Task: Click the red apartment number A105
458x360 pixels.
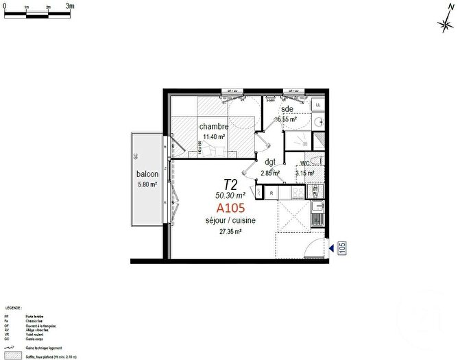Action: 231,208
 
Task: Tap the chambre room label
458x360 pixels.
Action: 214,127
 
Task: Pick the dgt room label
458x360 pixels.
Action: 270,163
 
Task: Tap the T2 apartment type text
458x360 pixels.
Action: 231,184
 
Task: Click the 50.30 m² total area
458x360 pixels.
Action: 231,195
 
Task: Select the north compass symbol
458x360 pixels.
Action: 446,23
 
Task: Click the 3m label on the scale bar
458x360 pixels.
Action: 69,5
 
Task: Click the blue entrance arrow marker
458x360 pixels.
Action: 331,248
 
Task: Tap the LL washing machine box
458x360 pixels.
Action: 317,104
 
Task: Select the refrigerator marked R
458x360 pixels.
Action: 272,193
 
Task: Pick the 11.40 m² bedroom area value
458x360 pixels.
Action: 214,137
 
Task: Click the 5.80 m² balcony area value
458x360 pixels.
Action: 147,184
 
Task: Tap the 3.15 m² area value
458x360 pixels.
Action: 305,173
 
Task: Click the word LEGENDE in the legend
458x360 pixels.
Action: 12,309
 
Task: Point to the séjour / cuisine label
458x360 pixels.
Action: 230,221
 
